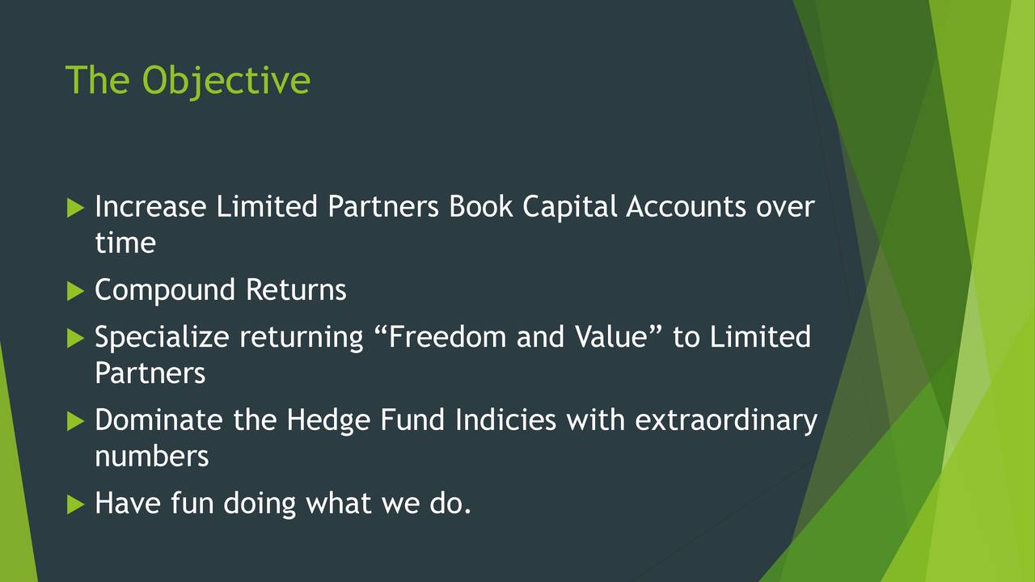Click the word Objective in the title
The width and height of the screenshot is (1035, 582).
coord(226,82)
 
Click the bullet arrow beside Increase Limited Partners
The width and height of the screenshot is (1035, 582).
coord(75,208)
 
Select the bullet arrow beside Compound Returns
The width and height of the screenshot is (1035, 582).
coord(75,292)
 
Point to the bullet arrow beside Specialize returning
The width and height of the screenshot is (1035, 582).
coord(75,338)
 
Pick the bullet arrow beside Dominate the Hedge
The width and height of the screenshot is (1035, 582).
coord(75,421)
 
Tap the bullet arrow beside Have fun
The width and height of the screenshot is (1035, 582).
coord(75,504)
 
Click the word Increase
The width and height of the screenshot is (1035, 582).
coord(150,206)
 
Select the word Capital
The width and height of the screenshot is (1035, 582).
coord(570,208)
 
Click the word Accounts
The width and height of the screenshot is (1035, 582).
coord(686,206)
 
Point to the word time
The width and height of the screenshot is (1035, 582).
coord(125,242)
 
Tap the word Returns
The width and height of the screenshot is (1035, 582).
coord(296,289)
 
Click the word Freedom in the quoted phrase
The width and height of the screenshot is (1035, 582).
coord(448,336)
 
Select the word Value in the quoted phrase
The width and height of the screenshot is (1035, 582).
coord(610,336)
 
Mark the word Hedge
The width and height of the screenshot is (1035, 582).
coord(328,421)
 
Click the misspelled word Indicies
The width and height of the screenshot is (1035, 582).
coord(505,420)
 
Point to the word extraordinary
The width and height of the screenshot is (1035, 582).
coord(726,421)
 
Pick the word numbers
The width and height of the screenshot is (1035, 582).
coord(151,457)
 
